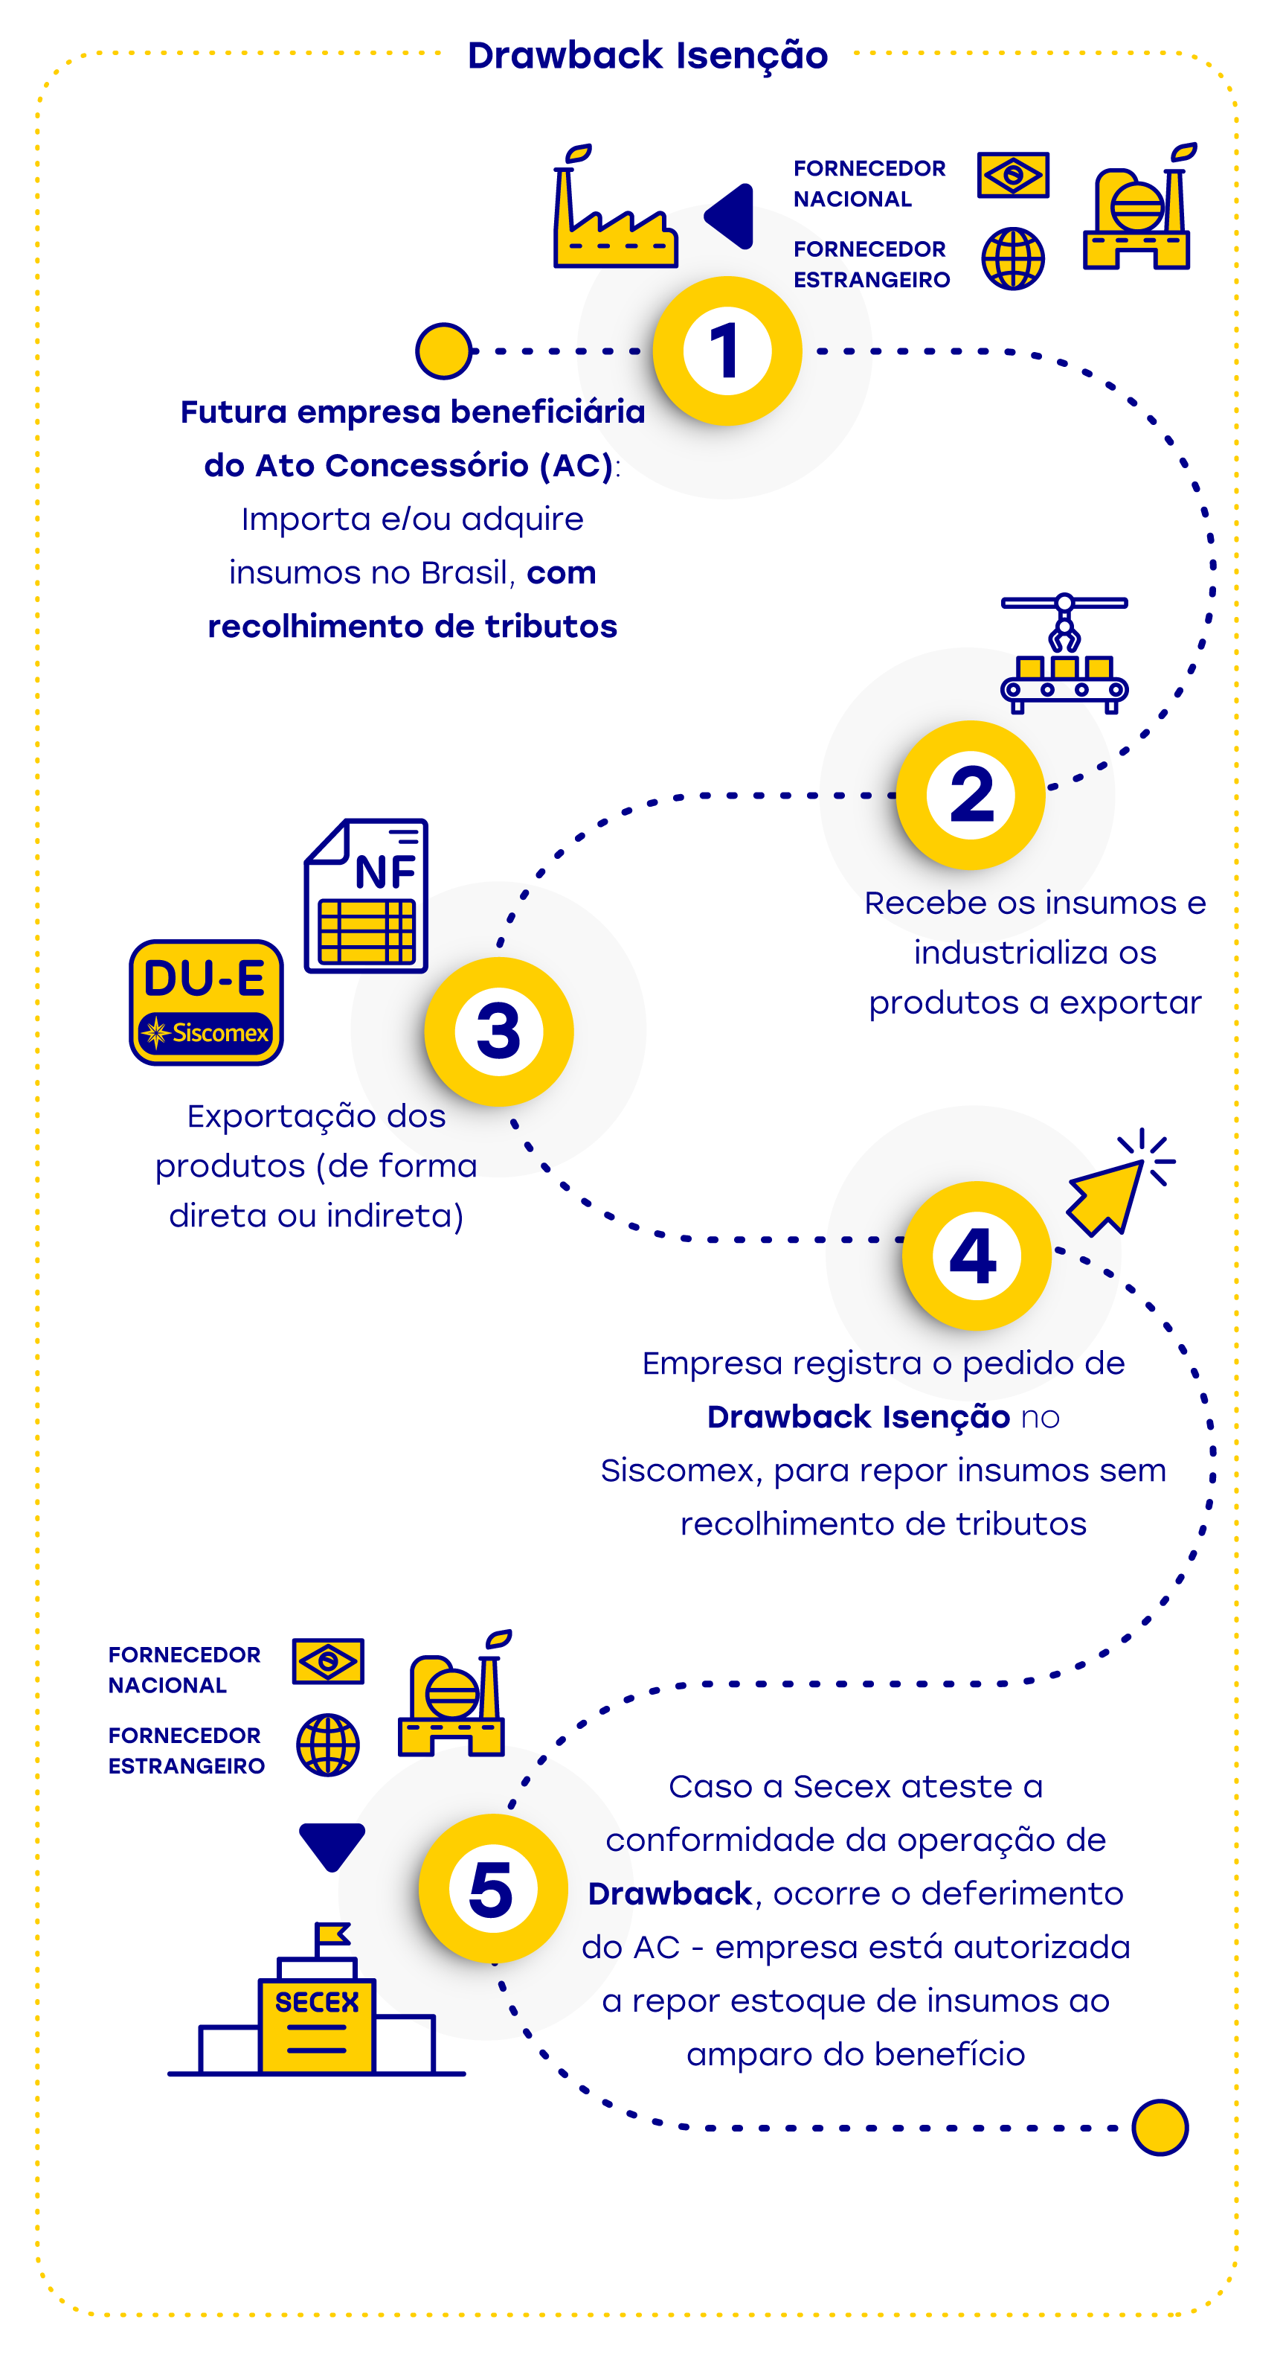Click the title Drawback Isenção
pos(648,55)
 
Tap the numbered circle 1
pos(727,351)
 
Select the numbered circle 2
pos(971,794)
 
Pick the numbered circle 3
pos(499,1032)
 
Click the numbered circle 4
pos(977,1255)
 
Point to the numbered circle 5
pos(492,1888)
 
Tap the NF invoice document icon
pos(367,896)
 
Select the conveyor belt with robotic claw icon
pos(1064,653)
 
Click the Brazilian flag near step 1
pos(1013,174)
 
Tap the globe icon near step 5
pos(328,1745)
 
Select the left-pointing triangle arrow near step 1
pos(731,217)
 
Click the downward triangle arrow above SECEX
pos(332,1843)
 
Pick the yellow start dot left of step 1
pos(443,351)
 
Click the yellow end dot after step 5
pos(1160,2127)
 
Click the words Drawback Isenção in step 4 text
pos(858,1416)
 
